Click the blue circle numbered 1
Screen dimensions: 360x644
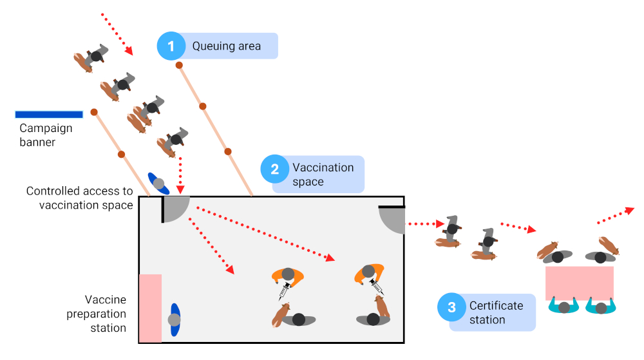point(171,46)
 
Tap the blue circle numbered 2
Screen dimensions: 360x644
point(274,169)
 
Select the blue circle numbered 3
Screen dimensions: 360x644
point(451,307)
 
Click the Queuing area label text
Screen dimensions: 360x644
point(227,46)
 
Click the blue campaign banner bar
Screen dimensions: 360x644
point(49,115)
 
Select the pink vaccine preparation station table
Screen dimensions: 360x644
point(150,308)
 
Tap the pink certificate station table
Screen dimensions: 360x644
point(579,283)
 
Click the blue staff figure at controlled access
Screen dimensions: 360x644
point(158,184)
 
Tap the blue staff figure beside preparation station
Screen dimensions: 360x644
point(175,319)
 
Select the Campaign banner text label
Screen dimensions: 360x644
point(46,135)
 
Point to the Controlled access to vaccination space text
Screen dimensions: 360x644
point(80,198)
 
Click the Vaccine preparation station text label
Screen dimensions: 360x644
point(106,314)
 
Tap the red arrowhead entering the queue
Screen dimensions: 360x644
point(129,51)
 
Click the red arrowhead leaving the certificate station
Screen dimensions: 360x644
point(629,210)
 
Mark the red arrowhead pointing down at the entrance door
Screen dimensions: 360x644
point(180,189)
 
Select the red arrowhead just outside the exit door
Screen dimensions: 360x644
point(440,224)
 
